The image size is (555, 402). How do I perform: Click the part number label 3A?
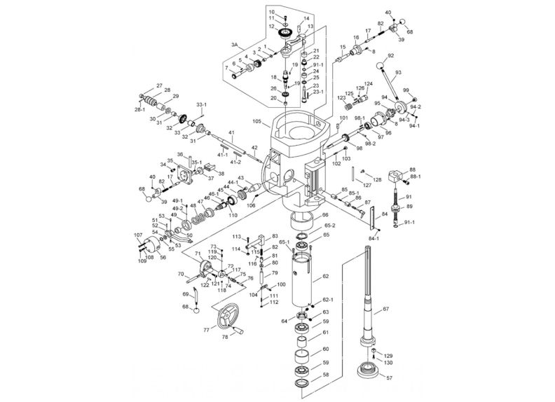click(x=235, y=44)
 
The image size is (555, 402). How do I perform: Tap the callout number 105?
click(x=257, y=121)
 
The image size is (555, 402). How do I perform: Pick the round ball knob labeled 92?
click(x=381, y=67)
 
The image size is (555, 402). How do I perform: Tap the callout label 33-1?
click(x=200, y=104)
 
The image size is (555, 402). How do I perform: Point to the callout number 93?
click(x=398, y=72)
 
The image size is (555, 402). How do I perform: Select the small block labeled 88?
click(x=397, y=174)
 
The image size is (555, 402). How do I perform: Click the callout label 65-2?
click(x=329, y=226)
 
